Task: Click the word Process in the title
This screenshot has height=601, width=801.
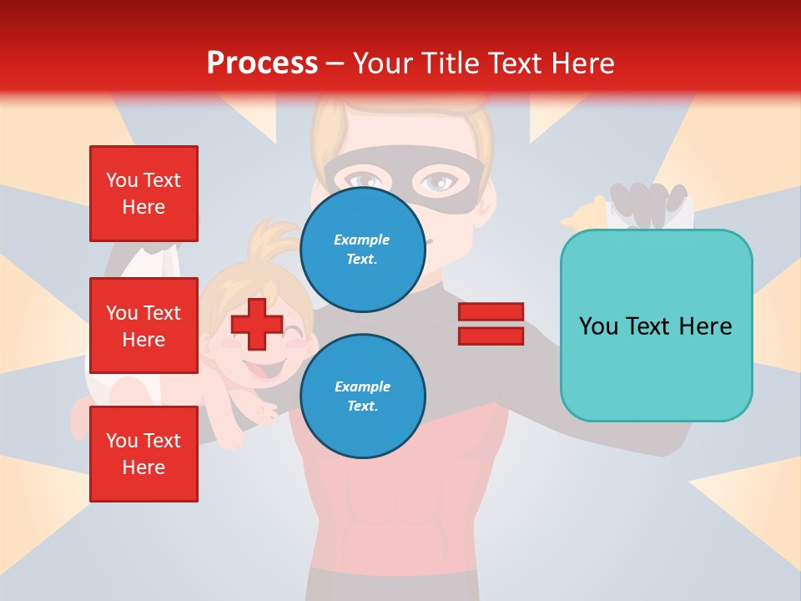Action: (262, 63)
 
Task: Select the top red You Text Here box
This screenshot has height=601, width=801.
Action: (144, 194)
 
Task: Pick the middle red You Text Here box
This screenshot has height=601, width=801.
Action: (144, 326)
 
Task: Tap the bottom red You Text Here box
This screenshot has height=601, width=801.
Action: (144, 453)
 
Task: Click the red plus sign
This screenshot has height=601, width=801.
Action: (257, 325)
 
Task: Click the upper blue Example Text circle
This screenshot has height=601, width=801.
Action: (362, 249)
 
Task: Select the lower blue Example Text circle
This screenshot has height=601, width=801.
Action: (362, 396)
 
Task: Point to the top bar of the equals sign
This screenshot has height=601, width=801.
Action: (491, 311)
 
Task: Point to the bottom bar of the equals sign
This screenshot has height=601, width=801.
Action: (491, 336)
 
